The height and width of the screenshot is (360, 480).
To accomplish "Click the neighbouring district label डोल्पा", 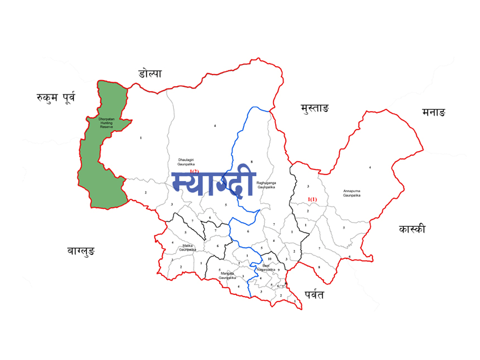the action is tap(150, 74).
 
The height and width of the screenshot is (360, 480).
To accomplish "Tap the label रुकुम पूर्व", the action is tap(56, 98).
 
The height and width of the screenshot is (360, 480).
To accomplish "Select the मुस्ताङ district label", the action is tap(315, 109).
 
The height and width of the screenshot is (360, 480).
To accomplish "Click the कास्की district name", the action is tap(412, 229).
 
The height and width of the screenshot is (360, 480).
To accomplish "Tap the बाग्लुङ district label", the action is tap(81, 252).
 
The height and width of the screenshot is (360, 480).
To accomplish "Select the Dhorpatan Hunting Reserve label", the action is tap(106, 123).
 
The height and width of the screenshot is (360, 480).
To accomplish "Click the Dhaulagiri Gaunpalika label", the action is tap(182, 162).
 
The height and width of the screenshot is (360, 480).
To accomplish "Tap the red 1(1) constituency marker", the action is tap(312, 200).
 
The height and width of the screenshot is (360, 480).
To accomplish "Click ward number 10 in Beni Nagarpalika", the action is tap(270, 259).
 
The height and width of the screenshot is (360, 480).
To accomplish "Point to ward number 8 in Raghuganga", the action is tap(252, 162).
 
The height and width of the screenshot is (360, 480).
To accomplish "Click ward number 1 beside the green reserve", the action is tap(141, 138).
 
